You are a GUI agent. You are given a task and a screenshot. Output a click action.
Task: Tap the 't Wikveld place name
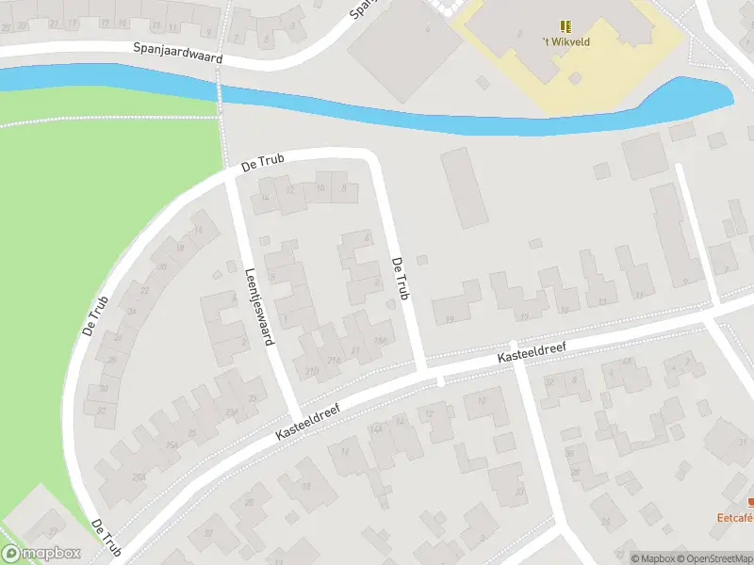(x=566, y=41)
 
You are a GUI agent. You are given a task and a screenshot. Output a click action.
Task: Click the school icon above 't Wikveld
(x=565, y=26)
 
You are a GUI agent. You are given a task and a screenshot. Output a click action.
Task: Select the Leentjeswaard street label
(x=258, y=303)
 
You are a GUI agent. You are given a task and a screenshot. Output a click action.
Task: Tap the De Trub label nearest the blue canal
(x=262, y=162)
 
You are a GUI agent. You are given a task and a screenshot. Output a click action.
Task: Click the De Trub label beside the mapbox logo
(x=107, y=536)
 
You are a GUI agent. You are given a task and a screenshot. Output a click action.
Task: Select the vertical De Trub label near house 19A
(x=402, y=280)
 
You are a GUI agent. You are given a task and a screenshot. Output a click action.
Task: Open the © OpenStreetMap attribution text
(x=713, y=558)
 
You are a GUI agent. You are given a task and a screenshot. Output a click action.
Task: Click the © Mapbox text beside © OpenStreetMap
(x=651, y=558)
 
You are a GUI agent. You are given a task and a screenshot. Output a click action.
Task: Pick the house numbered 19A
(x=381, y=340)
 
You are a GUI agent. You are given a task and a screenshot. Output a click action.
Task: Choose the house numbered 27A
(x=140, y=477)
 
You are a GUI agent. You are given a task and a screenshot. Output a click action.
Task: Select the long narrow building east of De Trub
(x=464, y=186)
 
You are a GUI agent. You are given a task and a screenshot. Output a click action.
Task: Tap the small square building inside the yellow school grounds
(x=483, y=83)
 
